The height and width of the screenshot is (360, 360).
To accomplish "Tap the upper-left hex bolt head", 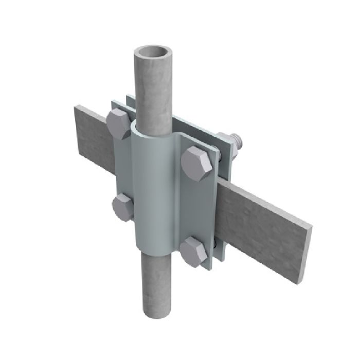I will [x=119, y=124].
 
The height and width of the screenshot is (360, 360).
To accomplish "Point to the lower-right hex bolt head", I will [x=196, y=251].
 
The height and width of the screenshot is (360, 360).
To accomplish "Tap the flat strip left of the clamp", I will [x=93, y=136].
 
